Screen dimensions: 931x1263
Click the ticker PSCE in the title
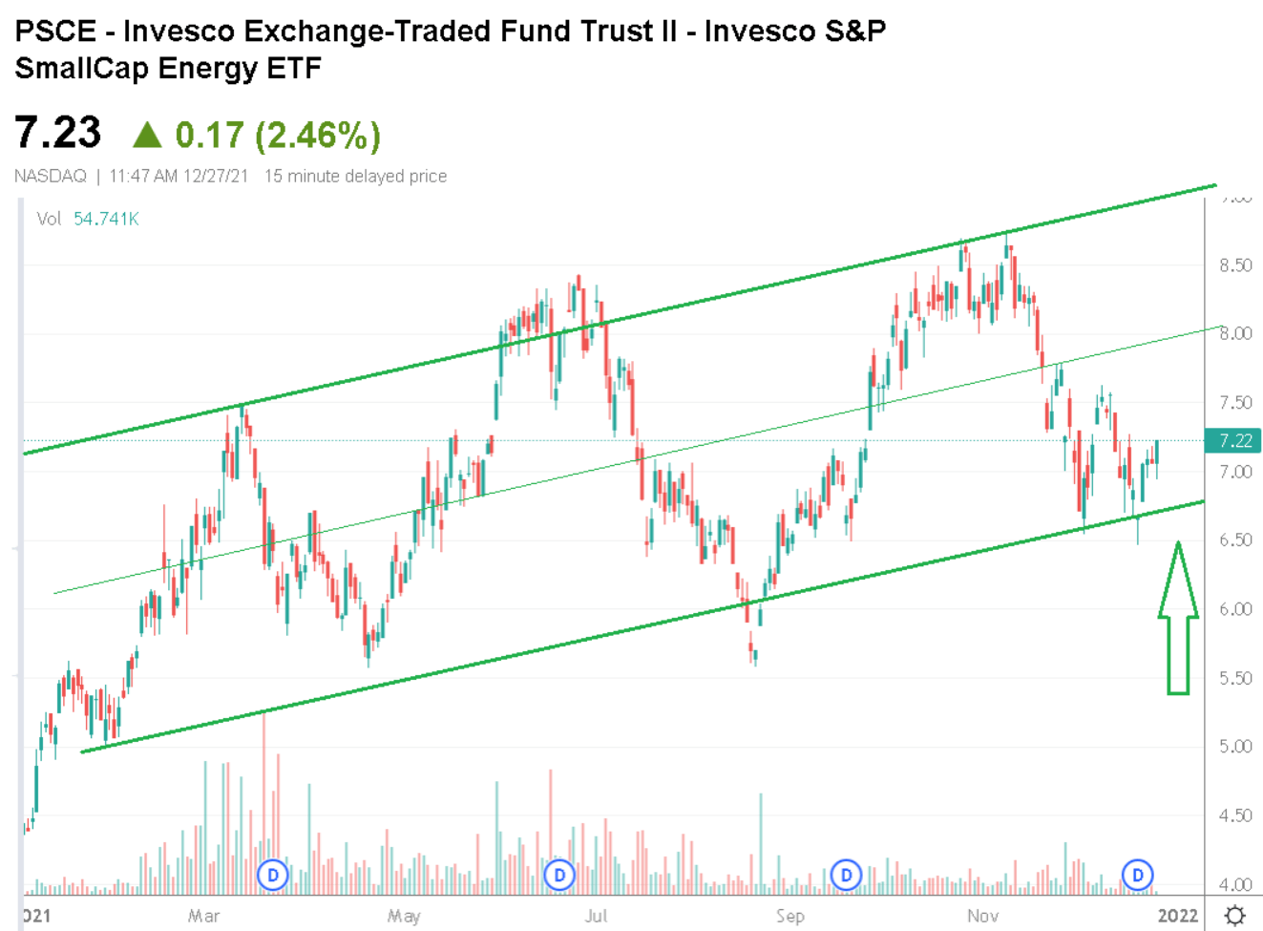click(55, 32)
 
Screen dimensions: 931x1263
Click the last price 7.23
click(58, 133)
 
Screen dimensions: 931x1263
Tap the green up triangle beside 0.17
click(147, 135)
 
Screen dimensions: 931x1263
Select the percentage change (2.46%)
click(318, 135)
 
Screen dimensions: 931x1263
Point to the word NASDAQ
click(51, 177)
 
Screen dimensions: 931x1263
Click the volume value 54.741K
click(106, 219)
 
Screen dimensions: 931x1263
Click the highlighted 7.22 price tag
click(1233, 440)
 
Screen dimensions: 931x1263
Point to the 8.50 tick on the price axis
click(1235, 265)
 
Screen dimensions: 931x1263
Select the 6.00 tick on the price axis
click(1235, 609)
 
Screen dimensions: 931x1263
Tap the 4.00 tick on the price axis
click(1235, 884)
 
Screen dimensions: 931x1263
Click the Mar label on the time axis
click(203, 916)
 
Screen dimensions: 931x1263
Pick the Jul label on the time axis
click(596, 916)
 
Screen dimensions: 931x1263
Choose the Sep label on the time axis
click(789, 916)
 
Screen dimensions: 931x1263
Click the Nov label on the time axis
click(982, 916)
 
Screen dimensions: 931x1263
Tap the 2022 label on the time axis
click(1177, 916)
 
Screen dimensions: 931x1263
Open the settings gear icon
click(1235, 915)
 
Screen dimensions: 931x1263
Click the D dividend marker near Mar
click(273, 874)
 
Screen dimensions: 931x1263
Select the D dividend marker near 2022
click(1137, 874)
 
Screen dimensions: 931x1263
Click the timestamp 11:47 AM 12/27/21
click(179, 177)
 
